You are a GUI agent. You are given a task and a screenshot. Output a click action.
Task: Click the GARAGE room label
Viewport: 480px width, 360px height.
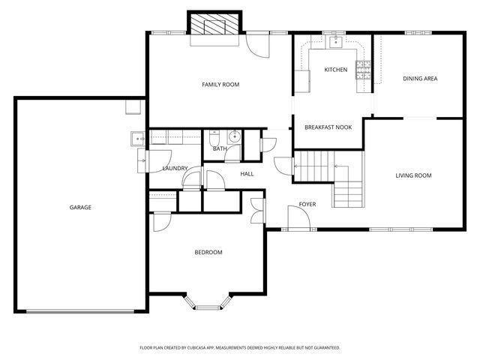tap(80, 207)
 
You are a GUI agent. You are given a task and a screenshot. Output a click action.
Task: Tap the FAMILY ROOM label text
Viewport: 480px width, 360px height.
tap(220, 85)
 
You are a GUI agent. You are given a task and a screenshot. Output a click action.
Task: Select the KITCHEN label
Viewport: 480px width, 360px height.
tap(335, 70)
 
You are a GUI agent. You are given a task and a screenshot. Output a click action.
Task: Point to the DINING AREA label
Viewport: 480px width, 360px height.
tap(420, 78)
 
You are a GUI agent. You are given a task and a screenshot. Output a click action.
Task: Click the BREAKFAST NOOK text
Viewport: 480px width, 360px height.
tap(328, 127)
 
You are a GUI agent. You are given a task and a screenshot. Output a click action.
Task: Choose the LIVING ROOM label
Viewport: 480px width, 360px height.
tap(413, 175)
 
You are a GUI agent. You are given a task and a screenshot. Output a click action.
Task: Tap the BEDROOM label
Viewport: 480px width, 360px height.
tap(208, 252)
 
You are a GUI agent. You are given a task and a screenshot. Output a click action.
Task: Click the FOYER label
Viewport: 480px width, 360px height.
tap(307, 204)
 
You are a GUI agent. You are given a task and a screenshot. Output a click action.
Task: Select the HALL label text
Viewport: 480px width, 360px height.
tap(247, 174)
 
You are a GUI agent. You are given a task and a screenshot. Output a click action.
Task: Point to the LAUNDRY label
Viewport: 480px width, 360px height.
tap(175, 168)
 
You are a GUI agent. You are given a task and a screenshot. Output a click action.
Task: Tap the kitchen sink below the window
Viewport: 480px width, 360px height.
tap(336, 43)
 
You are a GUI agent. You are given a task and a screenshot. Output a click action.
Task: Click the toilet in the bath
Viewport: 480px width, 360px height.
tap(215, 137)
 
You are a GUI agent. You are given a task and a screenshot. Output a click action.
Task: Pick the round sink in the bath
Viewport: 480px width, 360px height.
tap(233, 136)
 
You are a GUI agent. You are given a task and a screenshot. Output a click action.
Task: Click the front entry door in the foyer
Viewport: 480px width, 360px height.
tap(299, 219)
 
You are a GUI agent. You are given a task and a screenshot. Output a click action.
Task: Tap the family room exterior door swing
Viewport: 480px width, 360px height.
tap(257, 47)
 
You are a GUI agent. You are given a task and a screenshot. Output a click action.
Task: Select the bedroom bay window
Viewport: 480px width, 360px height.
tap(208, 301)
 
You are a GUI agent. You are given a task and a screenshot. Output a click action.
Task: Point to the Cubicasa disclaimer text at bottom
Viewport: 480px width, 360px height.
tap(240, 348)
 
